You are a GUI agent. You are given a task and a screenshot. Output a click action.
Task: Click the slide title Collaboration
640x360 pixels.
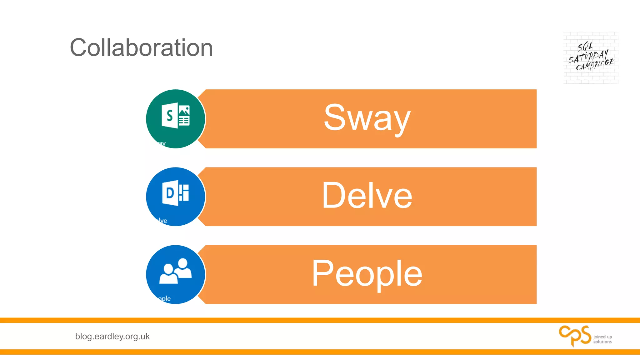(141, 47)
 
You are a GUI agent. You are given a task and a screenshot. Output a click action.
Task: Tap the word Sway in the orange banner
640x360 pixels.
(367, 118)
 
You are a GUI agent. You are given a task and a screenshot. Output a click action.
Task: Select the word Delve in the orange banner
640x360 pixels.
(367, 196)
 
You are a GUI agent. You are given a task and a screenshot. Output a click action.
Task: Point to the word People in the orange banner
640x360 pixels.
(367, 274)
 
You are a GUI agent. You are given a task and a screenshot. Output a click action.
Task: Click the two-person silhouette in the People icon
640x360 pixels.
(176, 271)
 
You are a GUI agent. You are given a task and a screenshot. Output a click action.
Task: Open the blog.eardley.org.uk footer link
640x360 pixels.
(112, 337)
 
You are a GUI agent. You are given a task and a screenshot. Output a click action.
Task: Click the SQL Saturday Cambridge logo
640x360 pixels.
(591, 58)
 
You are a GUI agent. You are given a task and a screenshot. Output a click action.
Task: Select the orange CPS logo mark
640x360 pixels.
(575, 336)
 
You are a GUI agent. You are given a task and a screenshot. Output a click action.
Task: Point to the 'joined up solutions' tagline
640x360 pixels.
(602, 339)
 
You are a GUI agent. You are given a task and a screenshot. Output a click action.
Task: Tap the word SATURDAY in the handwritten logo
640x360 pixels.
(588, 56)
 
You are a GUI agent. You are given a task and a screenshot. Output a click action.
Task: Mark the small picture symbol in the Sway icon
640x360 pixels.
(184, 110)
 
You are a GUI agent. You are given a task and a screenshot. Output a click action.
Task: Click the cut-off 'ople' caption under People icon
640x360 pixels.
(164, 298)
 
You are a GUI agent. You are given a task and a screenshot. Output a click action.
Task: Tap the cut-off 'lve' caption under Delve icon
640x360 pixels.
(162, 221)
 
